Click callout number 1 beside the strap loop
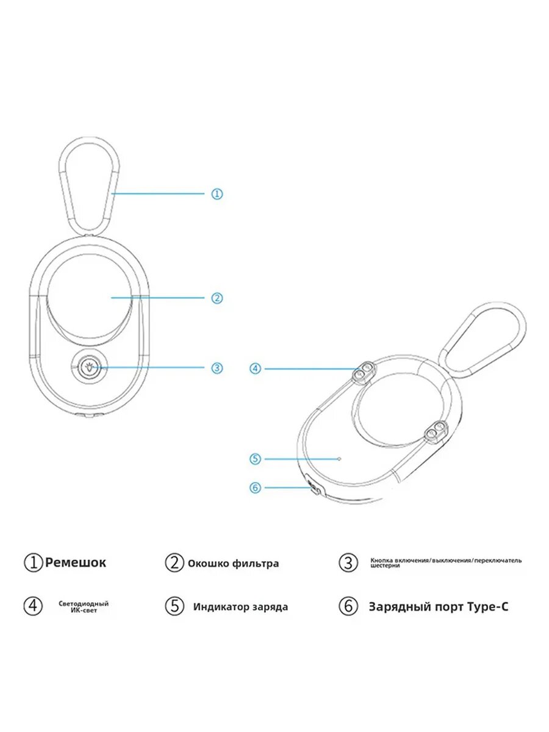[217, 194]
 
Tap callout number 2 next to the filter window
[217, 298]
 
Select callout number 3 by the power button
[217, 368]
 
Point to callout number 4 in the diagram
[256, 368]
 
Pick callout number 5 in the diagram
[256, 458]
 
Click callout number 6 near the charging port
[256, 487]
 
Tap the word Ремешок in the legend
[76, 562]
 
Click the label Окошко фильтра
[233, 564]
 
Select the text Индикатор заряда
[240, 607]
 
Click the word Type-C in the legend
[488, 607]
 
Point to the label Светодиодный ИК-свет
[84, 606]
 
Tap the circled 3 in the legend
[348, 563]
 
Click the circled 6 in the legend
[348, 607]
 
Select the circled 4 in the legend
[33, 606]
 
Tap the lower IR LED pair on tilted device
[436, 432]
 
